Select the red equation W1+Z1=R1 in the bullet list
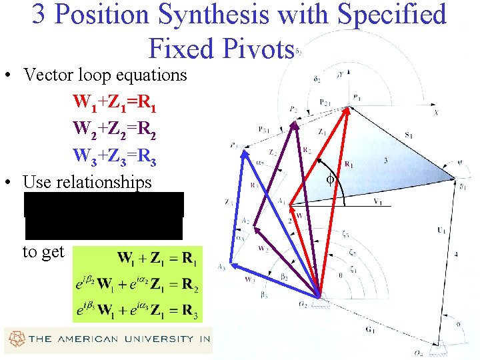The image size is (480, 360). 115,103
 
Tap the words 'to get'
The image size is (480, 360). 43,252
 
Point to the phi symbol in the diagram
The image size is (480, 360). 329,179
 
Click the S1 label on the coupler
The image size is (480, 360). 408,135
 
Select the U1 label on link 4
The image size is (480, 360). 441,230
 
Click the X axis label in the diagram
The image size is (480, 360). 436,113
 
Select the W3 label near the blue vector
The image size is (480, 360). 250,280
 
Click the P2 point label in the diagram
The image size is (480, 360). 293,109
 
